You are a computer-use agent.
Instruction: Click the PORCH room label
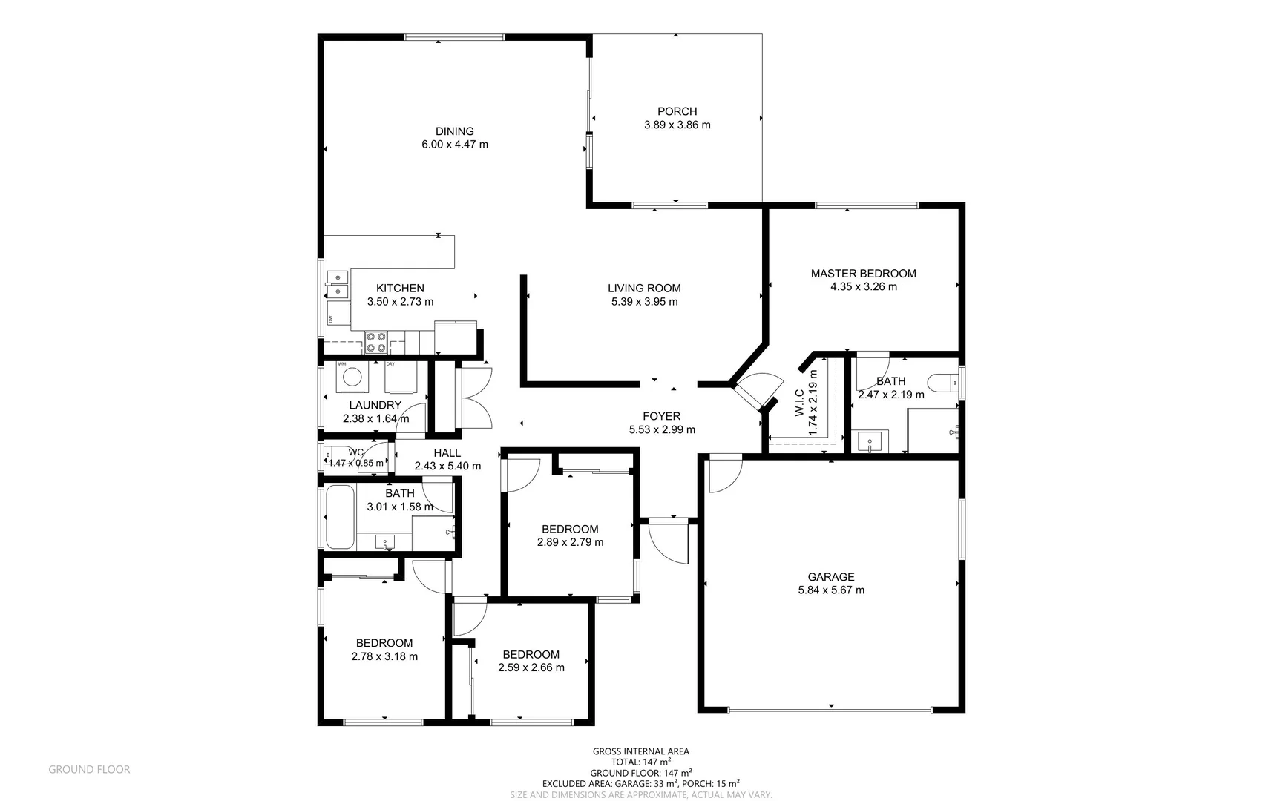click(x=677, y=112)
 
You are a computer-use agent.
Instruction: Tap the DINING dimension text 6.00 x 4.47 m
click(x=455, y=145)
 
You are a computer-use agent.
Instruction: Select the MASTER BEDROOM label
click(x=863, y=274)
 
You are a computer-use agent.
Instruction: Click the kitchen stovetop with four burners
click(x=375, y=342)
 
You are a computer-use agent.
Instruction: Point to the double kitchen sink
click(x=337, y=283)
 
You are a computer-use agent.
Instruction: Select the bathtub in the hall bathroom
click(x=340, y=517)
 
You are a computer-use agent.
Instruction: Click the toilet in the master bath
click(x=943, y=383)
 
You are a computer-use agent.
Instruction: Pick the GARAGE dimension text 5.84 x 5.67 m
click(x=831, y=590)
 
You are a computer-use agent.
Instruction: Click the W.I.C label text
click(x=800, y=402)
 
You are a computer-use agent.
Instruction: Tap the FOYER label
click(x=661, y=416)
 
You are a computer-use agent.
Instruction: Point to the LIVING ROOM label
click(x=644, y=289)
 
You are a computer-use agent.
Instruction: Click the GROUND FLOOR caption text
click(x=89, y=770)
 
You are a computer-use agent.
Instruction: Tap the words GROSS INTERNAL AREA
click(x=641, y=751)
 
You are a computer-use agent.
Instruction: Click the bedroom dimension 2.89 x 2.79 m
click(x=570, y=542)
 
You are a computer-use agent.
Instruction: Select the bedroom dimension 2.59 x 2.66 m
click(x=531, y=667)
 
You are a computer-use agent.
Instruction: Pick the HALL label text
click(x=447, y=453)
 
